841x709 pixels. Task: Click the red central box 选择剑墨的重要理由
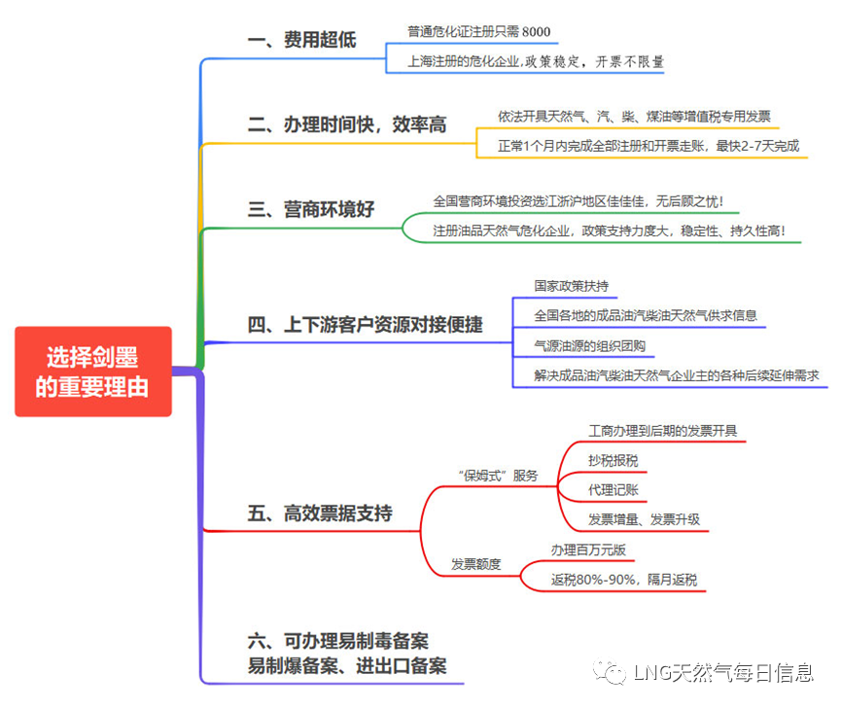92,372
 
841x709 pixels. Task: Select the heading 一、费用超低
302,40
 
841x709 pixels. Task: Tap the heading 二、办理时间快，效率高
346,124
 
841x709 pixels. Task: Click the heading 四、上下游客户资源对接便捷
365,325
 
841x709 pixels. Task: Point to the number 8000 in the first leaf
537,32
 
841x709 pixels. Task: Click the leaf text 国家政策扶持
572,287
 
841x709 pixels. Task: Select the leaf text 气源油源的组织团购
590,345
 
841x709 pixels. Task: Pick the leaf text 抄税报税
613,460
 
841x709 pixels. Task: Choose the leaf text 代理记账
613,489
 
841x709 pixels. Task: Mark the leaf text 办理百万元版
588,549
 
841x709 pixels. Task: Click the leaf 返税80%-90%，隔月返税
623,580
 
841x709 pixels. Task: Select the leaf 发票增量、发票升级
644,518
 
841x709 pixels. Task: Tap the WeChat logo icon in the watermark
611,672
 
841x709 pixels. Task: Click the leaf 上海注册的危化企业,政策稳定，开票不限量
537,61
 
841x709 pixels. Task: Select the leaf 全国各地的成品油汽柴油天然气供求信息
646,316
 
